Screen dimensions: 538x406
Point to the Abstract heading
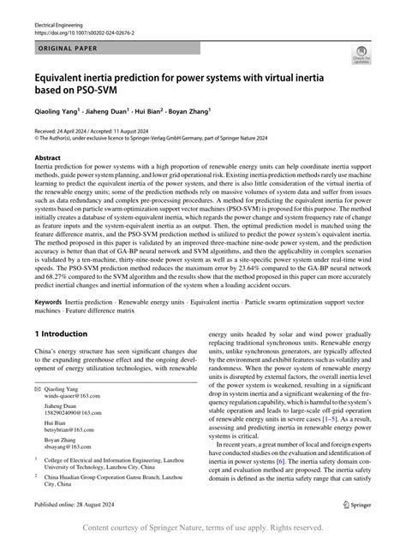click(47, 158)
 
